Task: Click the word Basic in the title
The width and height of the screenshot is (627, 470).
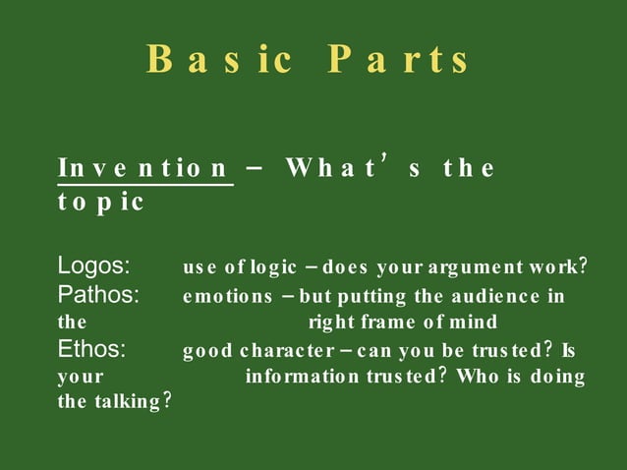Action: (x=218, y=60)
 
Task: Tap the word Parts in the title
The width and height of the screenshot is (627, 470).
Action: (x=399, y=60)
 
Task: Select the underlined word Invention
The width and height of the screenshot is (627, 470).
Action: (x=144, y=168)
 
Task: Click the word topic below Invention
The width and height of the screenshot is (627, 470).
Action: (x=101, y=203)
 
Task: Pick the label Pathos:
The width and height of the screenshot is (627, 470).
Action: (x=98, y=295)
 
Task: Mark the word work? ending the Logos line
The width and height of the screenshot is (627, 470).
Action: (x=561, y=267)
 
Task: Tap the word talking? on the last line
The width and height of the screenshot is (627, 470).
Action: (x=134, y=402)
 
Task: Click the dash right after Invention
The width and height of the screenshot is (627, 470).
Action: (x=254, y=168)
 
